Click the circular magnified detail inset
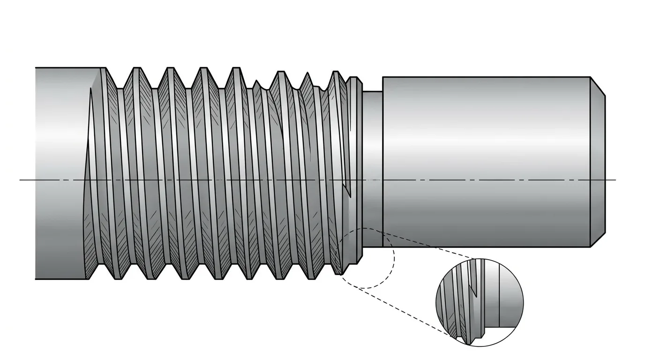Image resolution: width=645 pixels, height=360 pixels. pos(480,302)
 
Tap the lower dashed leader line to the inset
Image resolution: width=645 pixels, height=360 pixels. pos(398,311)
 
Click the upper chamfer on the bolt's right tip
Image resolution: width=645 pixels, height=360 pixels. pos(598,86)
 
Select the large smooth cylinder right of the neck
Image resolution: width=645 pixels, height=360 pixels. pos(485,162)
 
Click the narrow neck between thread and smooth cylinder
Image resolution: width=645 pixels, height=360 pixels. pos(373,169)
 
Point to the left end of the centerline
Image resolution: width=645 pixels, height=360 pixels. pos(21,180)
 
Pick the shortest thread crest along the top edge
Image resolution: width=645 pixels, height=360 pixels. pos(256,83)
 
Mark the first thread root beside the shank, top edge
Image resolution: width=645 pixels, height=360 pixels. pos(120,88)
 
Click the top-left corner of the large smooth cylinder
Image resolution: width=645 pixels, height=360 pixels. pos(383,77)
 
